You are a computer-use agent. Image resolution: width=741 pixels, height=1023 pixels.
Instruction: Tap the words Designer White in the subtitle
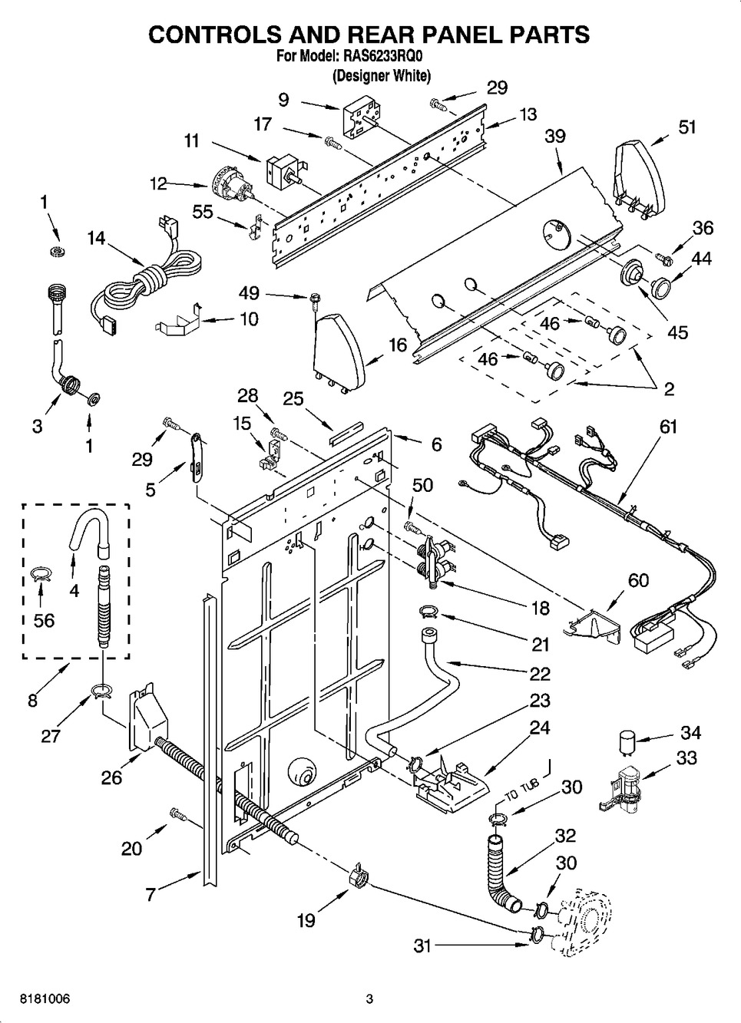382,76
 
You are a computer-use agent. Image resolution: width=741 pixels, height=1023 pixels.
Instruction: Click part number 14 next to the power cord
97,238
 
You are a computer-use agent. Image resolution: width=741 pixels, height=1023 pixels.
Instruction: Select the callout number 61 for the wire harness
667,427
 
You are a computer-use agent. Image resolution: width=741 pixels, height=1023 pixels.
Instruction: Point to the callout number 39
555,136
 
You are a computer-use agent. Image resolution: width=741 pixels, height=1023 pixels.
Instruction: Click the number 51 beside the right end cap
686,127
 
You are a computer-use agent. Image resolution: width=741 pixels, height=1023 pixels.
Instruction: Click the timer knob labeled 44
661,287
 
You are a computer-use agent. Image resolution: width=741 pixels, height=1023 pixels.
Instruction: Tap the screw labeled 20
178,813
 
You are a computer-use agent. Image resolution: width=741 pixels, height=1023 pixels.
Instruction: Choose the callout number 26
112,777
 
